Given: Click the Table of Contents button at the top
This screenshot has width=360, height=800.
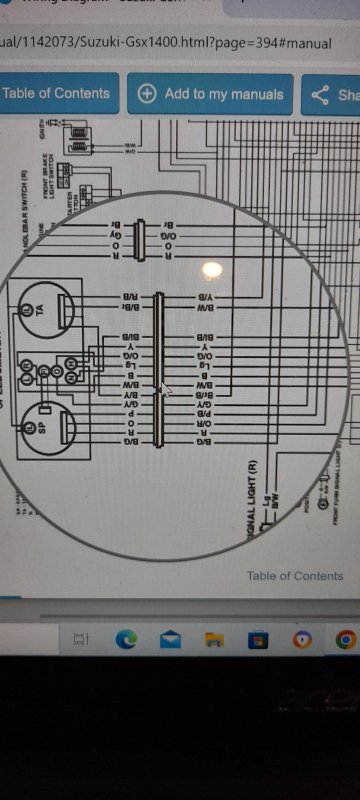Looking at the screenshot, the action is pos(56,94).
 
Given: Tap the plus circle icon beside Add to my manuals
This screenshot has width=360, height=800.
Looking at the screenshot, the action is pos(147,94).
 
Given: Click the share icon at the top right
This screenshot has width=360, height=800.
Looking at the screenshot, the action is pos(321,95).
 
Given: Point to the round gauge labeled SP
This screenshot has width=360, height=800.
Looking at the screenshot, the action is pos(42,424).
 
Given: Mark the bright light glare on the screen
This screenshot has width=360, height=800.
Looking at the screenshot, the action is pos(212,268).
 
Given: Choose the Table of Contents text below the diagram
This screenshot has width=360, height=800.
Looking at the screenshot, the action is pos(295,576).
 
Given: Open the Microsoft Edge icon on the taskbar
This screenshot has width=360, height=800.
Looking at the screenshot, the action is pos(126,639).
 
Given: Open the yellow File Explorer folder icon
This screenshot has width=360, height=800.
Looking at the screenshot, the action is pos(213,639).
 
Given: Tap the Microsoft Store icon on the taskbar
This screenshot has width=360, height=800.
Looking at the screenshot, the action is pos(257,639).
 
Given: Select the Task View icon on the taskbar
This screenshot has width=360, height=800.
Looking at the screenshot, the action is pos(83,639).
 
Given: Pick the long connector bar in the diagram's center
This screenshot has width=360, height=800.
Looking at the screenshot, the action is pos(157,368).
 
